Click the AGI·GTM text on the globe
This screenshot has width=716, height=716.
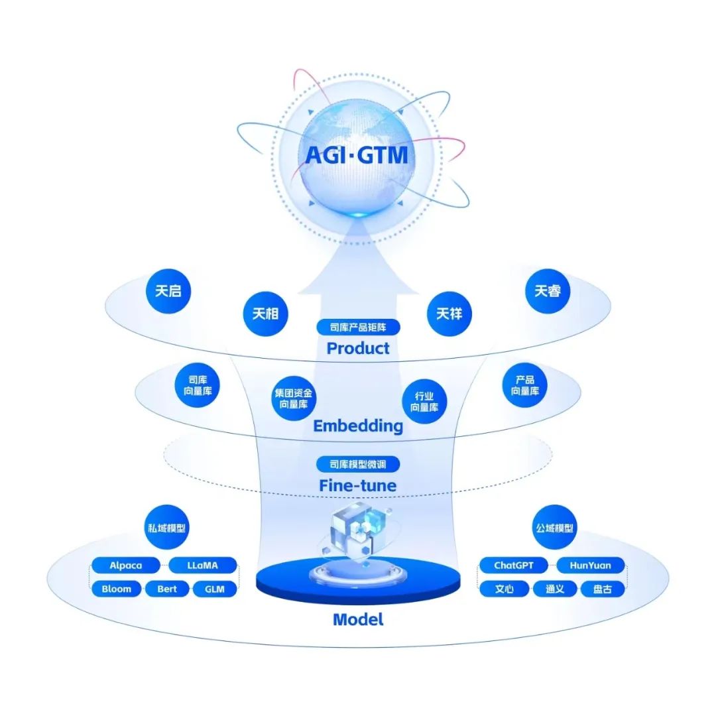[x=357, y=154]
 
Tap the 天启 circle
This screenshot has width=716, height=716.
[x=168, y=291]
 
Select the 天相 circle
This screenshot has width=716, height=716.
[x=265, y=314]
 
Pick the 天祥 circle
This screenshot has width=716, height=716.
[x=449, y=314]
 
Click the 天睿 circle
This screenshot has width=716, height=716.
[x=548, y=291]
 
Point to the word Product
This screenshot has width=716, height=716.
[x=358, y=349]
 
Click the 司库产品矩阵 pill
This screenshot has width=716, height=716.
[x=358, y=327]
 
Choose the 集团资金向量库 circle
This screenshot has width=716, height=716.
[x=294, y=398]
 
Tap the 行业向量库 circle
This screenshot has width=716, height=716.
[x=424, y=401]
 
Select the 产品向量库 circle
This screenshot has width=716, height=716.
[x=524, y=385]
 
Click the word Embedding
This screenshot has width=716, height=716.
[x=358, y=426]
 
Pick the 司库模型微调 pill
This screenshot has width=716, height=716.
[x=358, y=464]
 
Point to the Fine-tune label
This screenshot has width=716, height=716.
[x=358, y=485]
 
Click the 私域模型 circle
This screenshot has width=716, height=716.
[x=166, y=528]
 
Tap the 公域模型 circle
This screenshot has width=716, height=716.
[x=555, y=528]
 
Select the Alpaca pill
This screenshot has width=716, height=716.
[x=125, y=566]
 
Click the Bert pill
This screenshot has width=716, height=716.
[x=167, y=589]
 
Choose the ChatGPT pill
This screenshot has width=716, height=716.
[x=513, y=566]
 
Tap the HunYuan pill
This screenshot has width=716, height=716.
[x=590, y=566]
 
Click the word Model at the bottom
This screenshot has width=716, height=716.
[x=358, y=620]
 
